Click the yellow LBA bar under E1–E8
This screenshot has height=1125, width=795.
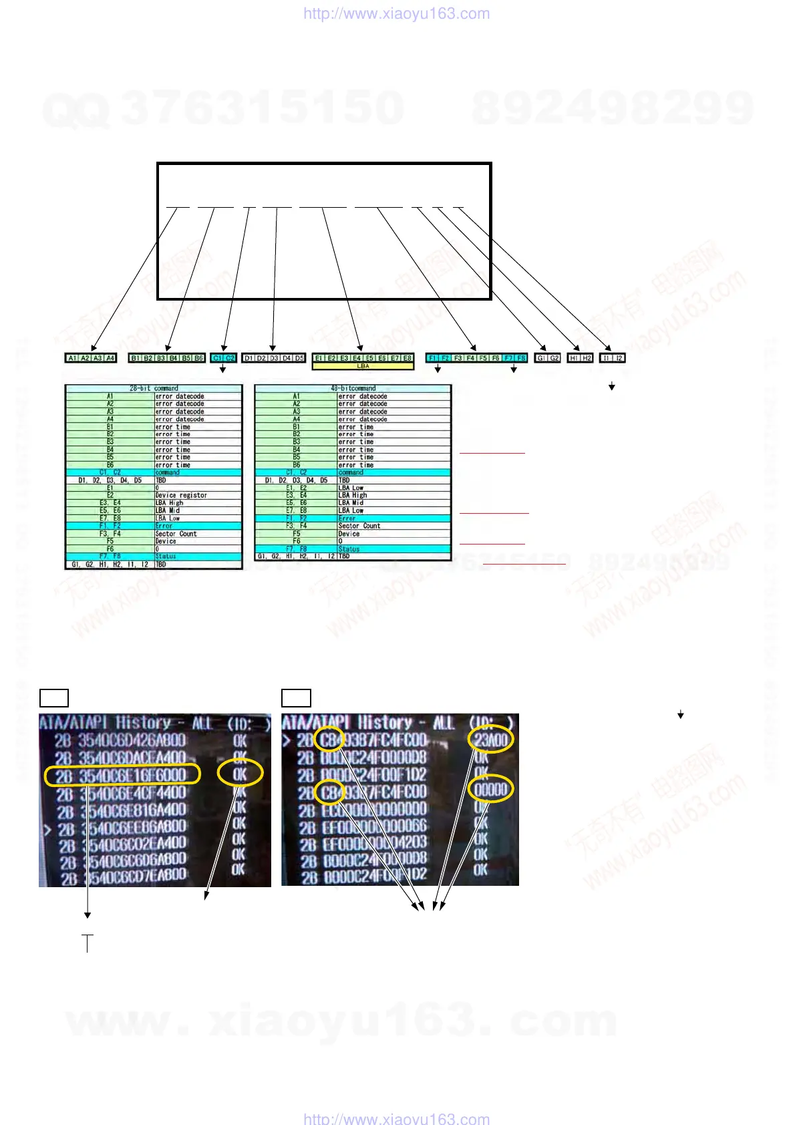363,366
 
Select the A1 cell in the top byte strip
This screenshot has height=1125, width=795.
72,358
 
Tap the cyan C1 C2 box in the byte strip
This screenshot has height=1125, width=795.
223,358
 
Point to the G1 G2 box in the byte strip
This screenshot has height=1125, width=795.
548,358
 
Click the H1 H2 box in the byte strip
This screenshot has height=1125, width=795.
580,358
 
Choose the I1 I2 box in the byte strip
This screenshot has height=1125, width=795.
612,358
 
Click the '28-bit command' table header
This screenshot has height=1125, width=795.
154,388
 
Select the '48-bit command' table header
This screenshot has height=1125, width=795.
353,388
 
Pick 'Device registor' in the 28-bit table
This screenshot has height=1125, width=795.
181,495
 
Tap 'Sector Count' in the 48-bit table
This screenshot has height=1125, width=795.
359,526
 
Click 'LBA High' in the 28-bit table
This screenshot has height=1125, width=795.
169,502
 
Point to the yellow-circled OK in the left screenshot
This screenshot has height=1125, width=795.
240,774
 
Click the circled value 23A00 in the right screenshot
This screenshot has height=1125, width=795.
491,740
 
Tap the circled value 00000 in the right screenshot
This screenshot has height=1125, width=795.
491,790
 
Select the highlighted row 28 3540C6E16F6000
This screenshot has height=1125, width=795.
122,775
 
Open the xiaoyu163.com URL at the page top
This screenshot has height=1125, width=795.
396,13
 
